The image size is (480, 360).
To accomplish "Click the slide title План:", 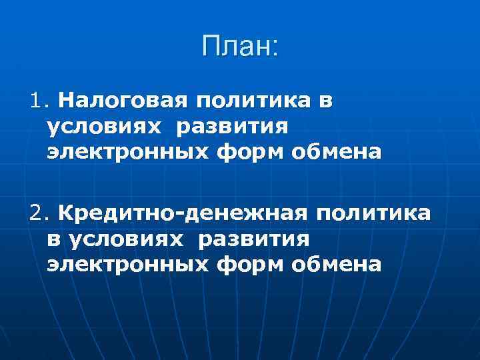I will tap(239, 47).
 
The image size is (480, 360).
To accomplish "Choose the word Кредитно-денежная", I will tap(183, 213).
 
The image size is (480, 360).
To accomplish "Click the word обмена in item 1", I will tap(337, 152).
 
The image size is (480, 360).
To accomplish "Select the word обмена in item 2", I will tap(337, 264).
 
